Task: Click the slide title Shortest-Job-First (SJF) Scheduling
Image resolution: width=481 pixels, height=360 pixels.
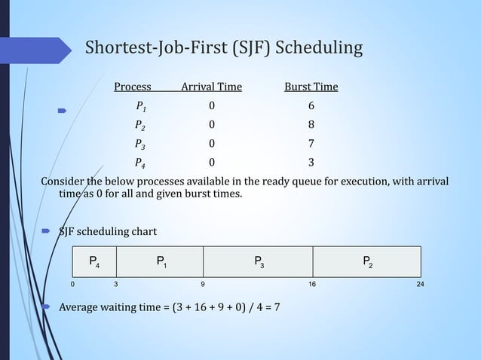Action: [223, 49]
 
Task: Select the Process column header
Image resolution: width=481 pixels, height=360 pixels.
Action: [132, 87]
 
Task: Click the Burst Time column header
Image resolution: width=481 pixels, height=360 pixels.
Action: [311, 87]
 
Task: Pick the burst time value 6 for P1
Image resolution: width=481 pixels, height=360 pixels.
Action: [311, 105]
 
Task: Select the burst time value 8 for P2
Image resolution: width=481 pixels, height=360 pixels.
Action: [311, 124]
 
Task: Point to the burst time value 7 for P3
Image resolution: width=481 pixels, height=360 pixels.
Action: [311, 143]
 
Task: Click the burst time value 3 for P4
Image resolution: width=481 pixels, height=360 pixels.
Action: [311, 162]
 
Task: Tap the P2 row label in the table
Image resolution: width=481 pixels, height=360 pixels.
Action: [140, 125]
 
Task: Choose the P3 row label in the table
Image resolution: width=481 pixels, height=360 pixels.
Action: [140, 144]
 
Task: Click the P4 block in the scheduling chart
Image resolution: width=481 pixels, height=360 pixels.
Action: [94, 262]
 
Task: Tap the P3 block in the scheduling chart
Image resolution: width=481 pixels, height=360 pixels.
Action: [259, 262]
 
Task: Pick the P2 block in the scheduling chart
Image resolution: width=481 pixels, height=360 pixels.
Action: [366, 262]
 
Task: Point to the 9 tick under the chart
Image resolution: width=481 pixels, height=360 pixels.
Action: [202, 285]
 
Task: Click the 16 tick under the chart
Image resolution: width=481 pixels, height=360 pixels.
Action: [311, 285]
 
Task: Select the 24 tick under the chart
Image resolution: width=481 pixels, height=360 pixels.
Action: [420, 285]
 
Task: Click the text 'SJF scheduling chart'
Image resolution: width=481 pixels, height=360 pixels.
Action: [108, 230]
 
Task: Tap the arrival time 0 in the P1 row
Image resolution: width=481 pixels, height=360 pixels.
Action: [212, 105]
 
